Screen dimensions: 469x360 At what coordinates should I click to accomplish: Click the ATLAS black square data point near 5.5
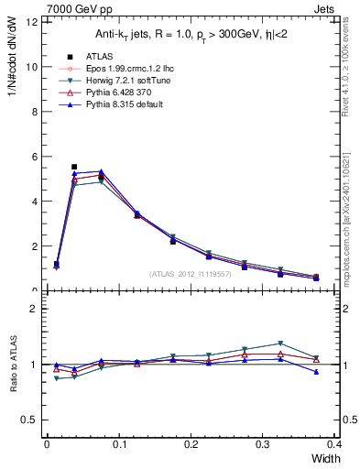pos(74,167)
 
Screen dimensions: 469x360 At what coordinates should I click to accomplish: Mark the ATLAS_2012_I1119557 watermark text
pos(191,274)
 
